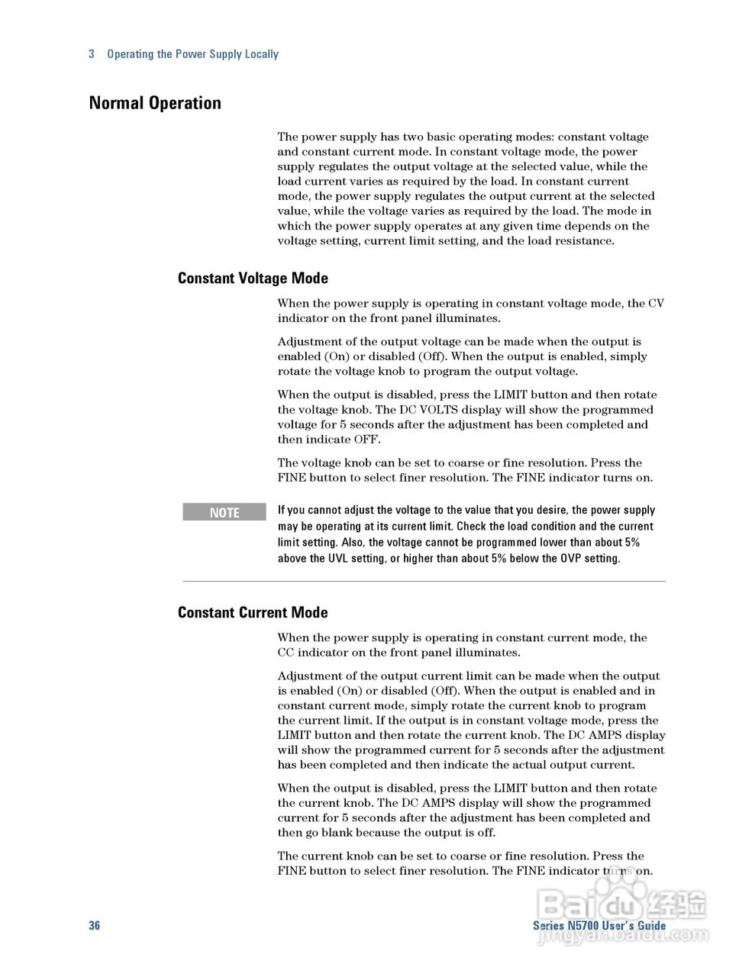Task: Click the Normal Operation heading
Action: point(155,103)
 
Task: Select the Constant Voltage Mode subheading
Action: point(253,279)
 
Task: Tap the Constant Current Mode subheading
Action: point(253,613)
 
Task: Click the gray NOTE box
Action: point(224,512)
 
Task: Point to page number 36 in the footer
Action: point(94,925)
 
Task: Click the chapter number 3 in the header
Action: point(92,54)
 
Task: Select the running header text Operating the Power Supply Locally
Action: point(192,54)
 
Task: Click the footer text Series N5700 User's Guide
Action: point(599,925)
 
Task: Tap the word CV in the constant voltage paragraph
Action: point(656,304)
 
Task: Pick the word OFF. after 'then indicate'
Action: point(367,440)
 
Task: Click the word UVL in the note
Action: point(338,559)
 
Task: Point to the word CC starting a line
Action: point(286,653)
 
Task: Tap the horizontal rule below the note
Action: point(424,582)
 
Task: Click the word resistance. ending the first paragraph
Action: point(586,241)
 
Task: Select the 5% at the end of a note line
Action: point(631,543)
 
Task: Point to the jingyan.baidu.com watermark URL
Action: point(623,935)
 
